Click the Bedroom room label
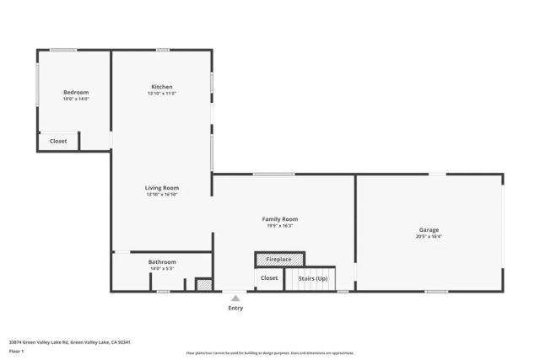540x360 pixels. point(75,92)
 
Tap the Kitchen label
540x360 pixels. point(162,87)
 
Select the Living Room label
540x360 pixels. point(162,188)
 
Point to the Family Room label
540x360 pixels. point(280,219)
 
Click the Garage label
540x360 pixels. point(429,229)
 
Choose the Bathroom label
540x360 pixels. point(162,262)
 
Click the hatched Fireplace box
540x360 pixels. point(279,259)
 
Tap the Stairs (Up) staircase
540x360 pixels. point(311,278)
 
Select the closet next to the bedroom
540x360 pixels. point(58,142)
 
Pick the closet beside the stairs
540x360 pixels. point(269,278)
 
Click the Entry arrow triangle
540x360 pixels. point(235,298)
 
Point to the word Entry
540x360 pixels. point(235,308)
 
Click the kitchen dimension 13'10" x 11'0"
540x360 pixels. point(162,94)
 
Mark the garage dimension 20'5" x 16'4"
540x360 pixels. point(429,237)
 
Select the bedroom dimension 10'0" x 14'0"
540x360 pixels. point(75,99)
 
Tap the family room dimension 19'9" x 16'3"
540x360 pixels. point(280,226)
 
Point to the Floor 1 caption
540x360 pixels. point(16,351)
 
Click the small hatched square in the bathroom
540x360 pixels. point(202,285)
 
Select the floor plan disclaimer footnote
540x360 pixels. point(269,353)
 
